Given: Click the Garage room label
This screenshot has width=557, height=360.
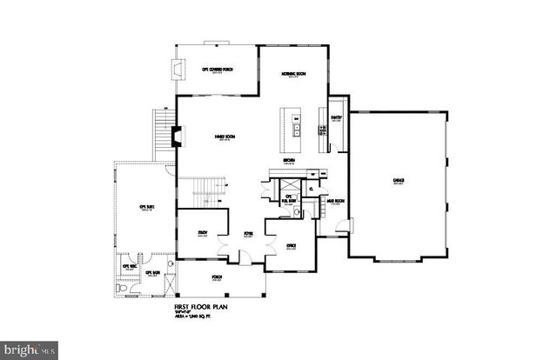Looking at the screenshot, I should pos(398,181).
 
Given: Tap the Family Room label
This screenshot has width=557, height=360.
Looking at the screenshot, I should pos(229,137).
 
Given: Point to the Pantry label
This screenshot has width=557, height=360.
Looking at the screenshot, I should pos(336,117).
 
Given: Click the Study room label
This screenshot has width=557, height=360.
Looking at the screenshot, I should pos(202,232).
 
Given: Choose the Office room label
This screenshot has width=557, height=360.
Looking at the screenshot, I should pos(292,246).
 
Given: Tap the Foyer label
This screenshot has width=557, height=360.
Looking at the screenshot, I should pos(246,234).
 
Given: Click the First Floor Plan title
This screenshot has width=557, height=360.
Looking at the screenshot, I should pos(197,307).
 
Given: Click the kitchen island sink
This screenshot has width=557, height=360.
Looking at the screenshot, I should pos(296,131).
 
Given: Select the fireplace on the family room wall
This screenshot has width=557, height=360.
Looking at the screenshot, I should pos(176,137).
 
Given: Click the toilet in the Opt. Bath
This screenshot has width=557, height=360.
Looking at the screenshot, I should pos(119,286).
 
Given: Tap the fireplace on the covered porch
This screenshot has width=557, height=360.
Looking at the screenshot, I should pos(178,70).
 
